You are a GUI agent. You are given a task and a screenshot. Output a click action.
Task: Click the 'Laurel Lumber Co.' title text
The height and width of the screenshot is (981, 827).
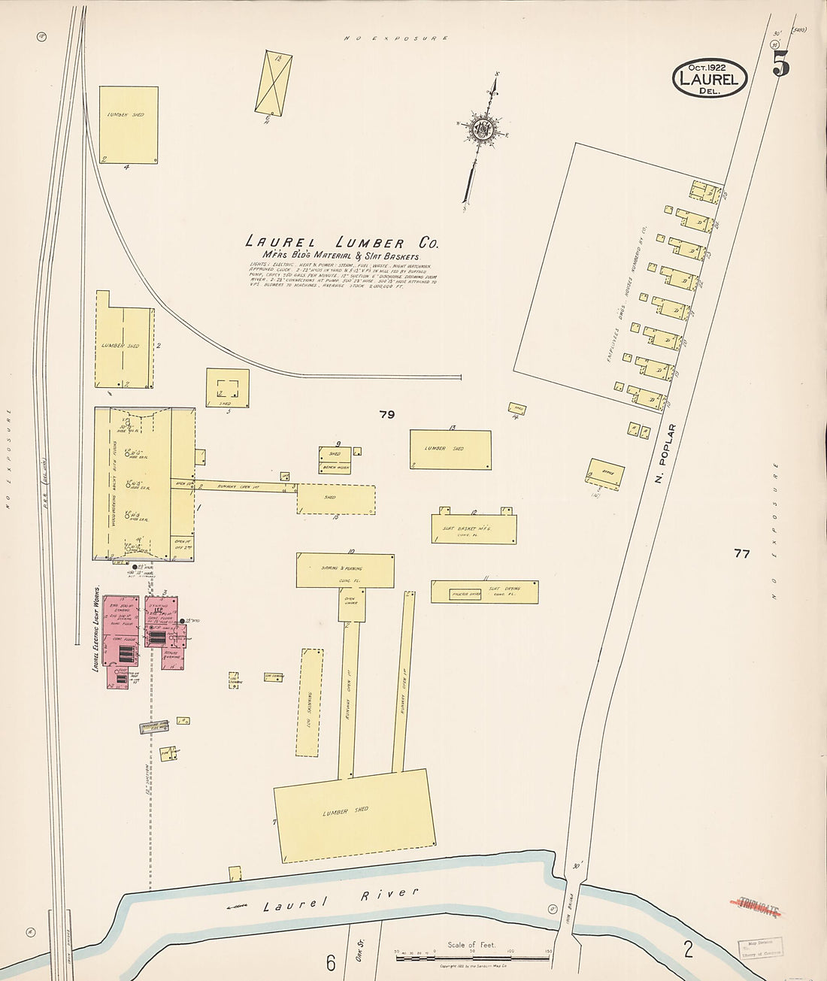(x=342, y=243)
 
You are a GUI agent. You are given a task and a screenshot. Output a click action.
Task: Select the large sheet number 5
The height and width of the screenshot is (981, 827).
(x=781, y=66)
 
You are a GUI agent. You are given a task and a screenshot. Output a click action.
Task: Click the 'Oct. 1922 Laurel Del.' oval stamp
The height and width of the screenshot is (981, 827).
(x=710, y=78)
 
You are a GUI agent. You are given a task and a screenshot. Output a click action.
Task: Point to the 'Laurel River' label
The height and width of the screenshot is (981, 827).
(x=340, y=899)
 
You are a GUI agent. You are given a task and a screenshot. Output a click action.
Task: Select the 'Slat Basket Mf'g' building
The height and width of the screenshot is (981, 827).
(x=474, y=529)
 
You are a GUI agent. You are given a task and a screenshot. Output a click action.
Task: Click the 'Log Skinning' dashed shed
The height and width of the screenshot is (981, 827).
(x=311, y=702)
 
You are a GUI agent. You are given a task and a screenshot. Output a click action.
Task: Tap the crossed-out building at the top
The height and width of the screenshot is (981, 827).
(x=273, y=82)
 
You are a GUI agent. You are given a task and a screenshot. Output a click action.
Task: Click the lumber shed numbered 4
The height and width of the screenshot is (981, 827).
(x=129, y=124)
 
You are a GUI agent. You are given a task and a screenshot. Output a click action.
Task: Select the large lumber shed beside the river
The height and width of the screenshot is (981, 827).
(x=354, y=816)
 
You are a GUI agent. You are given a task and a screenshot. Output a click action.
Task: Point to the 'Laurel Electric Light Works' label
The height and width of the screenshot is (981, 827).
(x=96, y=628)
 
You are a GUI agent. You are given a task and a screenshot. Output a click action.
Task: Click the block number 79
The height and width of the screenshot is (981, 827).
(x=387, y=414)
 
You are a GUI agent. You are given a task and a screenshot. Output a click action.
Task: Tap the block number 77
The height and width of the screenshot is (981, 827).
(x=742, y=554)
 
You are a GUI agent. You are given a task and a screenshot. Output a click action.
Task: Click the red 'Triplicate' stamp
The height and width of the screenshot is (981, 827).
(x=758, y=907)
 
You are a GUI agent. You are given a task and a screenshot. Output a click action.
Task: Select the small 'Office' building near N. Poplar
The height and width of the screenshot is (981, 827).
(x=606, y=473)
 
